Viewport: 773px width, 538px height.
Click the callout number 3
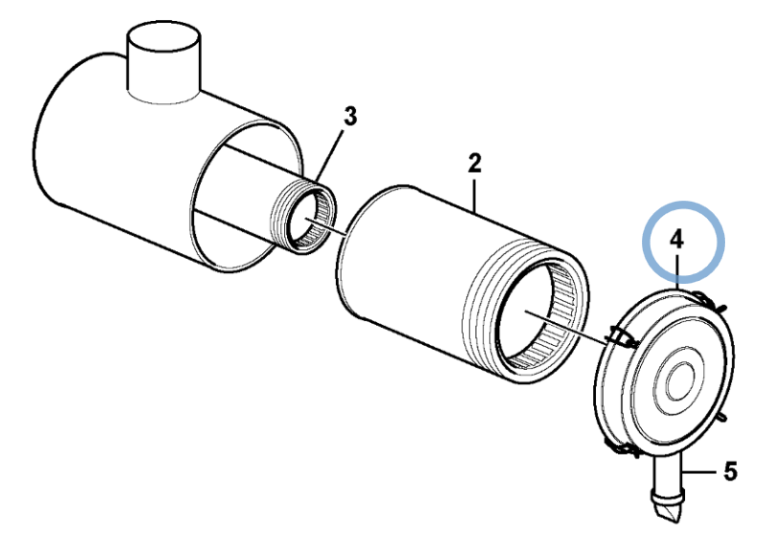tap(349, 117)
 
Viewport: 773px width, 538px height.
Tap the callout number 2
tap(475, 162)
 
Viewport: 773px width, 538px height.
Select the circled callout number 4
tap(677, 240)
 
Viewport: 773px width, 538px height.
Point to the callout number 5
tap(730, 471)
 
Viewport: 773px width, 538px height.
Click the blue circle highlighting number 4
tap(683, 202)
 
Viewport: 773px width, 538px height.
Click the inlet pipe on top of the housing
tap(165, 64)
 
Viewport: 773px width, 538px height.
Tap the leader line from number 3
tap(329, 155)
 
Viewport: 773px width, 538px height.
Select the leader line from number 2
tap(474, 196)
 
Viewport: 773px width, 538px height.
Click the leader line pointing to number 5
tap(699, 472)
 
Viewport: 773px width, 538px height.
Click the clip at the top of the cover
tap(708, 300)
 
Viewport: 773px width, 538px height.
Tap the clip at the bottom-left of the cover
tap(622, 448)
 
